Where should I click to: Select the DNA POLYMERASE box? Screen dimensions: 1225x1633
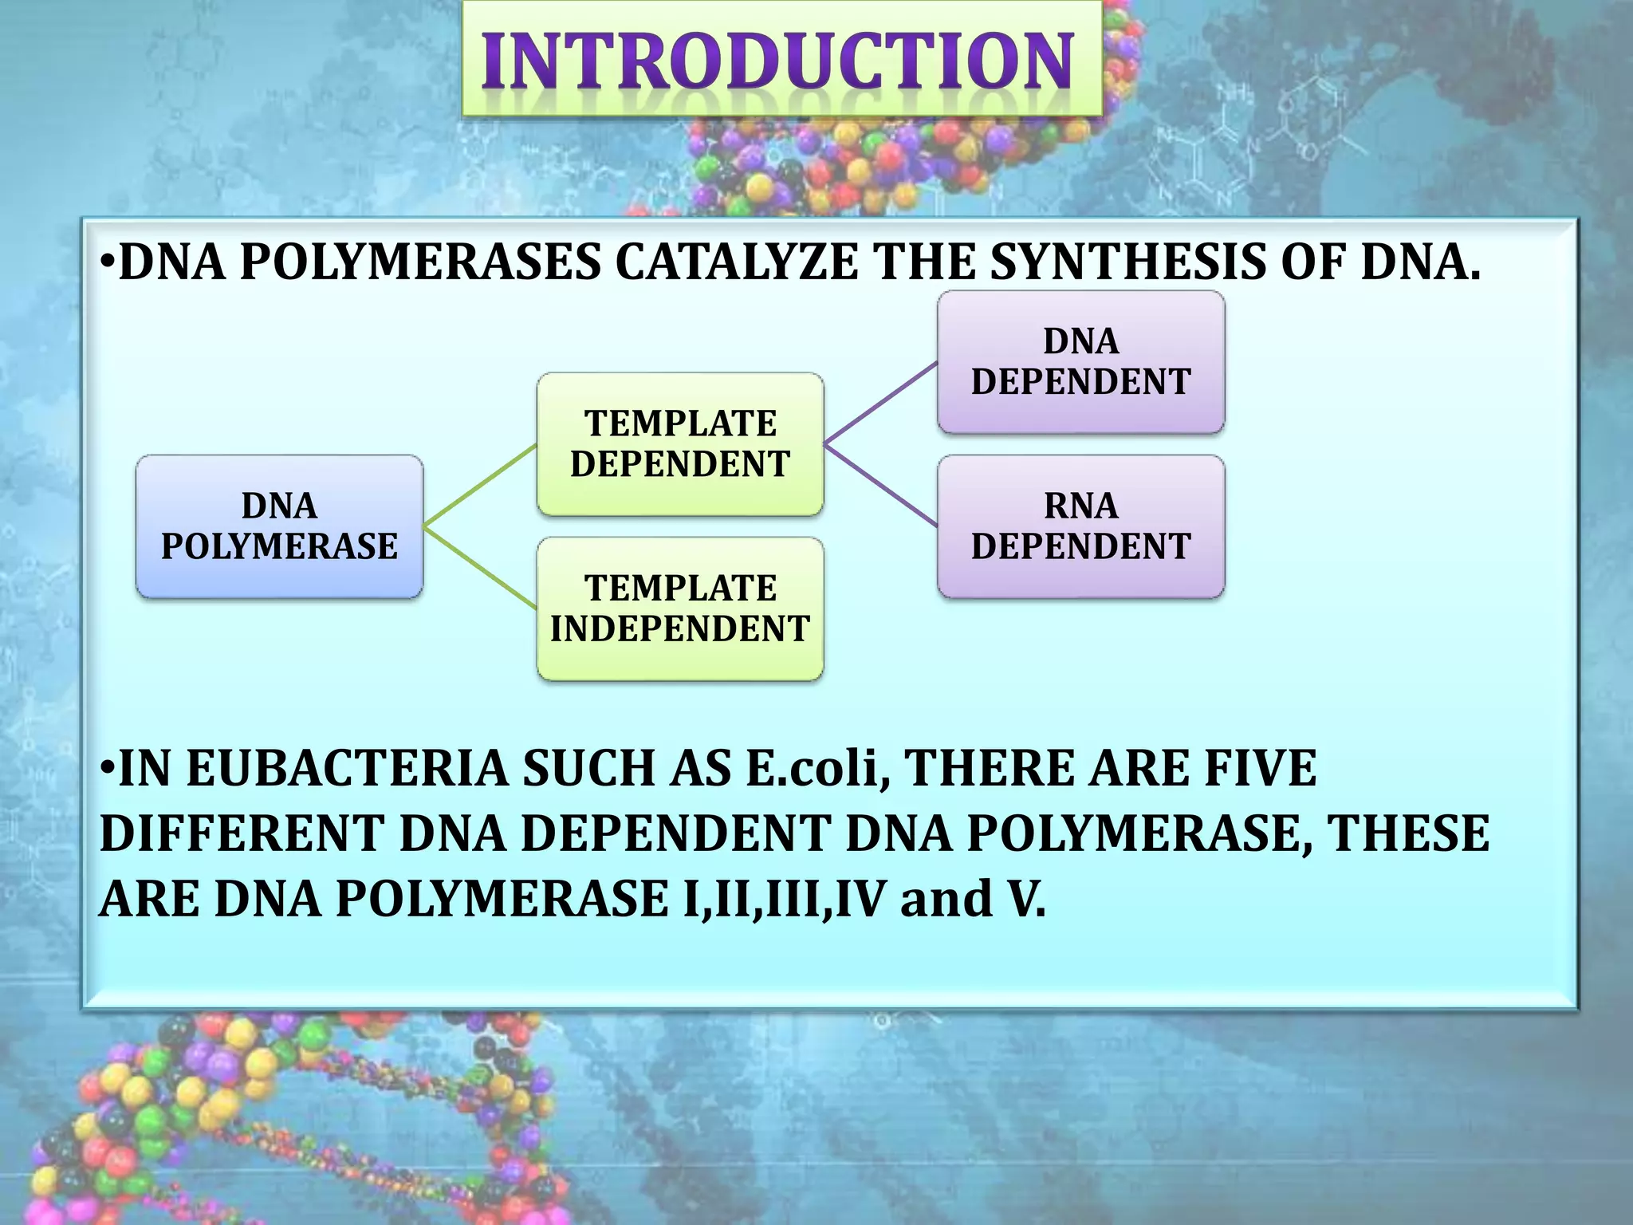pyautogui.click(x=279, y=526)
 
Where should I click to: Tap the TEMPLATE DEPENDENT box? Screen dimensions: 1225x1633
pyautogui.click(x=680, y=443)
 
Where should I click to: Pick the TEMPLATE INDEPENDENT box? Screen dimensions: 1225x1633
pyautogui.click(x=680, y=609)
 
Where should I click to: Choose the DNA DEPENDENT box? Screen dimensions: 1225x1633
pyautogui.click(x=1080, y=361)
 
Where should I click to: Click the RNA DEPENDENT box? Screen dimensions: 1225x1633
pyautogui.click(x=1080, y=526)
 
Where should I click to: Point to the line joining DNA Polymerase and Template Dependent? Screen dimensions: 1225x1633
pyautogui.click(x=480, y=485)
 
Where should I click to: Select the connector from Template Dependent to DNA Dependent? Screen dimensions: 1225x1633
pyautogui.click(x=880, y=403)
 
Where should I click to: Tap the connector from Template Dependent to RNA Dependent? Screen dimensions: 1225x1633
pyautogui.click(x=880, y=485)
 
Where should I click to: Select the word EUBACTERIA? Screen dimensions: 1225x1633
pyautogui.click(x=347, y=769)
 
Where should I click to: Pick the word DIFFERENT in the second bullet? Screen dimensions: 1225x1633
pyautogui.click(x=242, y=834)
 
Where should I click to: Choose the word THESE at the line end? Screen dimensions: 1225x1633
pyautogui.click(x=1407, y=834)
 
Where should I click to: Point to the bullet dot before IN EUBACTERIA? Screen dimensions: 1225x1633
pyautogui.click(x=108, y=769)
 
